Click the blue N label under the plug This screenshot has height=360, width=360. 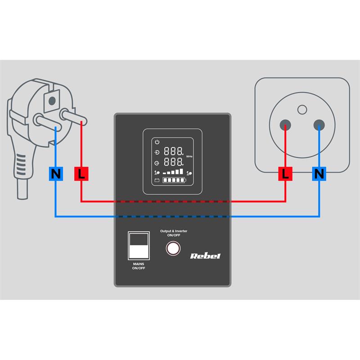point(56,174)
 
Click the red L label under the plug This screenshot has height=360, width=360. point(81,174)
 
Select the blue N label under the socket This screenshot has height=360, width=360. point(319,173)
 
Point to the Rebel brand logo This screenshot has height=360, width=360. point(205,256)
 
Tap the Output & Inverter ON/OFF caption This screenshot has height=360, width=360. point(174,233)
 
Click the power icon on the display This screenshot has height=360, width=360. point(157,142)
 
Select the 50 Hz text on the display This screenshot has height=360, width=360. point(189,156)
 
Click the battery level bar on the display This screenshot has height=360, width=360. point(176,181)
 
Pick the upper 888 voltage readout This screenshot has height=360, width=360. point(173,151)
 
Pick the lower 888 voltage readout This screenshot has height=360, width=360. point(173,162)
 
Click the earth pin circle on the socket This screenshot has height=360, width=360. point(302,109)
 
